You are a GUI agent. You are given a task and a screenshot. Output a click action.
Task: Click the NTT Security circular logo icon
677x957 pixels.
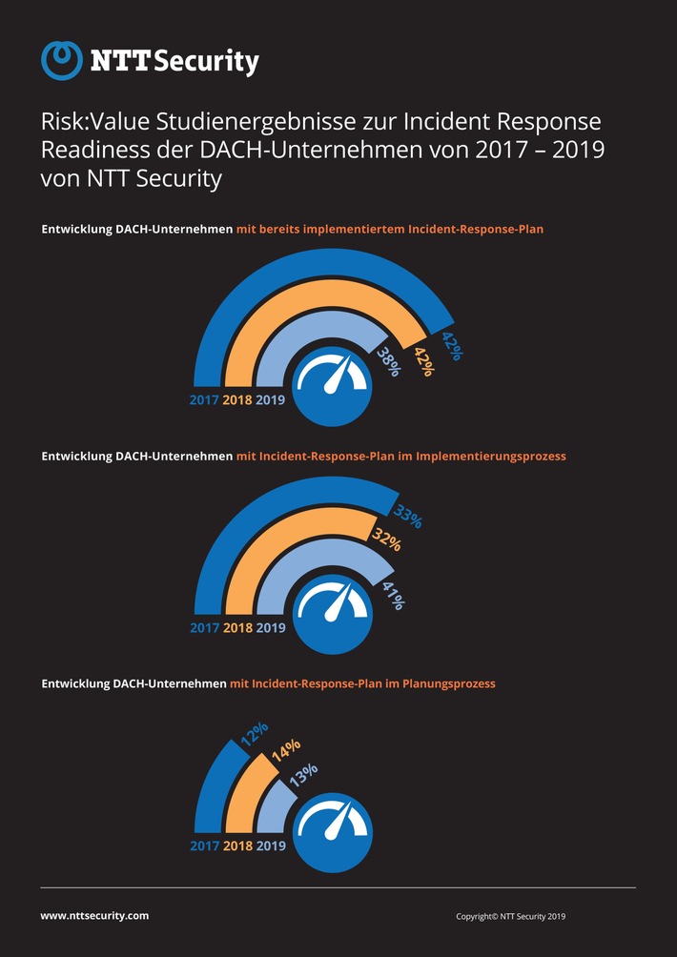62,61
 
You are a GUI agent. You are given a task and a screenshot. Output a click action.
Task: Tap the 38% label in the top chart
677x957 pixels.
387,360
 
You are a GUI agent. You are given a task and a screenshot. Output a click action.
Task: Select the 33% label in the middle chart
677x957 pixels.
407,518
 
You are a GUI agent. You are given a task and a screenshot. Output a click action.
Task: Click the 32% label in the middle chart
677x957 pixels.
386,540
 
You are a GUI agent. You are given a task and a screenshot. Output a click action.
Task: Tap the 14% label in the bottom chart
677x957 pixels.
286,750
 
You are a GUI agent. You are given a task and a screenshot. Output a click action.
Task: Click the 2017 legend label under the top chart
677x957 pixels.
204,400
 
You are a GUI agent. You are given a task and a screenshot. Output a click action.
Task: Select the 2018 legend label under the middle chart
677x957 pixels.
237,628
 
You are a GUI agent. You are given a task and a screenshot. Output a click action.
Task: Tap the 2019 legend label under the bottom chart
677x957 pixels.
271,845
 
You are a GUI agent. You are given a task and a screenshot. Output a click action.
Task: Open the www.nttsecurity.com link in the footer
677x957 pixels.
94,915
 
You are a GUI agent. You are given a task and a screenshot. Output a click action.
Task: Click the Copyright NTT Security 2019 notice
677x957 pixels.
511,916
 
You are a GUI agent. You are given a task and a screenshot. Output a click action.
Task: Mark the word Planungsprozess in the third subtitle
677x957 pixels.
449,683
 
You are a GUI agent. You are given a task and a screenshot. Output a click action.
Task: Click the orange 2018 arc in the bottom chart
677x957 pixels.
240,796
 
